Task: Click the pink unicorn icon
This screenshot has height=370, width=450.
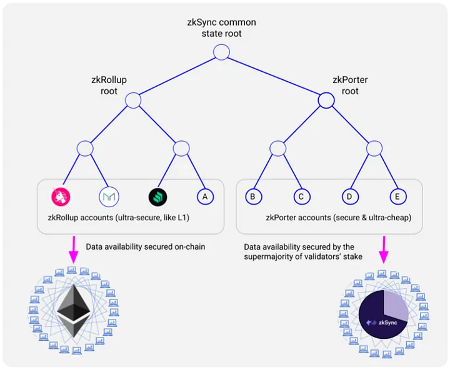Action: pyautogui.click(x=61, y=197)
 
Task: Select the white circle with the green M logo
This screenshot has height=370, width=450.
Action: pyautogui.click(x=109, y=197)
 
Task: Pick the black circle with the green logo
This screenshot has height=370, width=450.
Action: pyautogui.click(x=158, y=197)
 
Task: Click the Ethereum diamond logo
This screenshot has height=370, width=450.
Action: pyautogui.click(x=74, y=310)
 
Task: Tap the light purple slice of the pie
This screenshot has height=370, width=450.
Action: pyautogui.click(x=396, y=305)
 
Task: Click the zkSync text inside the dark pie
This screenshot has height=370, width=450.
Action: pyautogui.click(x=387, y=323)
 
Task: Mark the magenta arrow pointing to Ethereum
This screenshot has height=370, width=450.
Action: pyautogui.click(x=74, y=250)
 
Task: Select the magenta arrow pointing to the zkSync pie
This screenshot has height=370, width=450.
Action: pyautogui.click(x=384, y=250)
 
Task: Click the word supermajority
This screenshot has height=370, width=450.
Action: pyautogui.click(x=267, y=256)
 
